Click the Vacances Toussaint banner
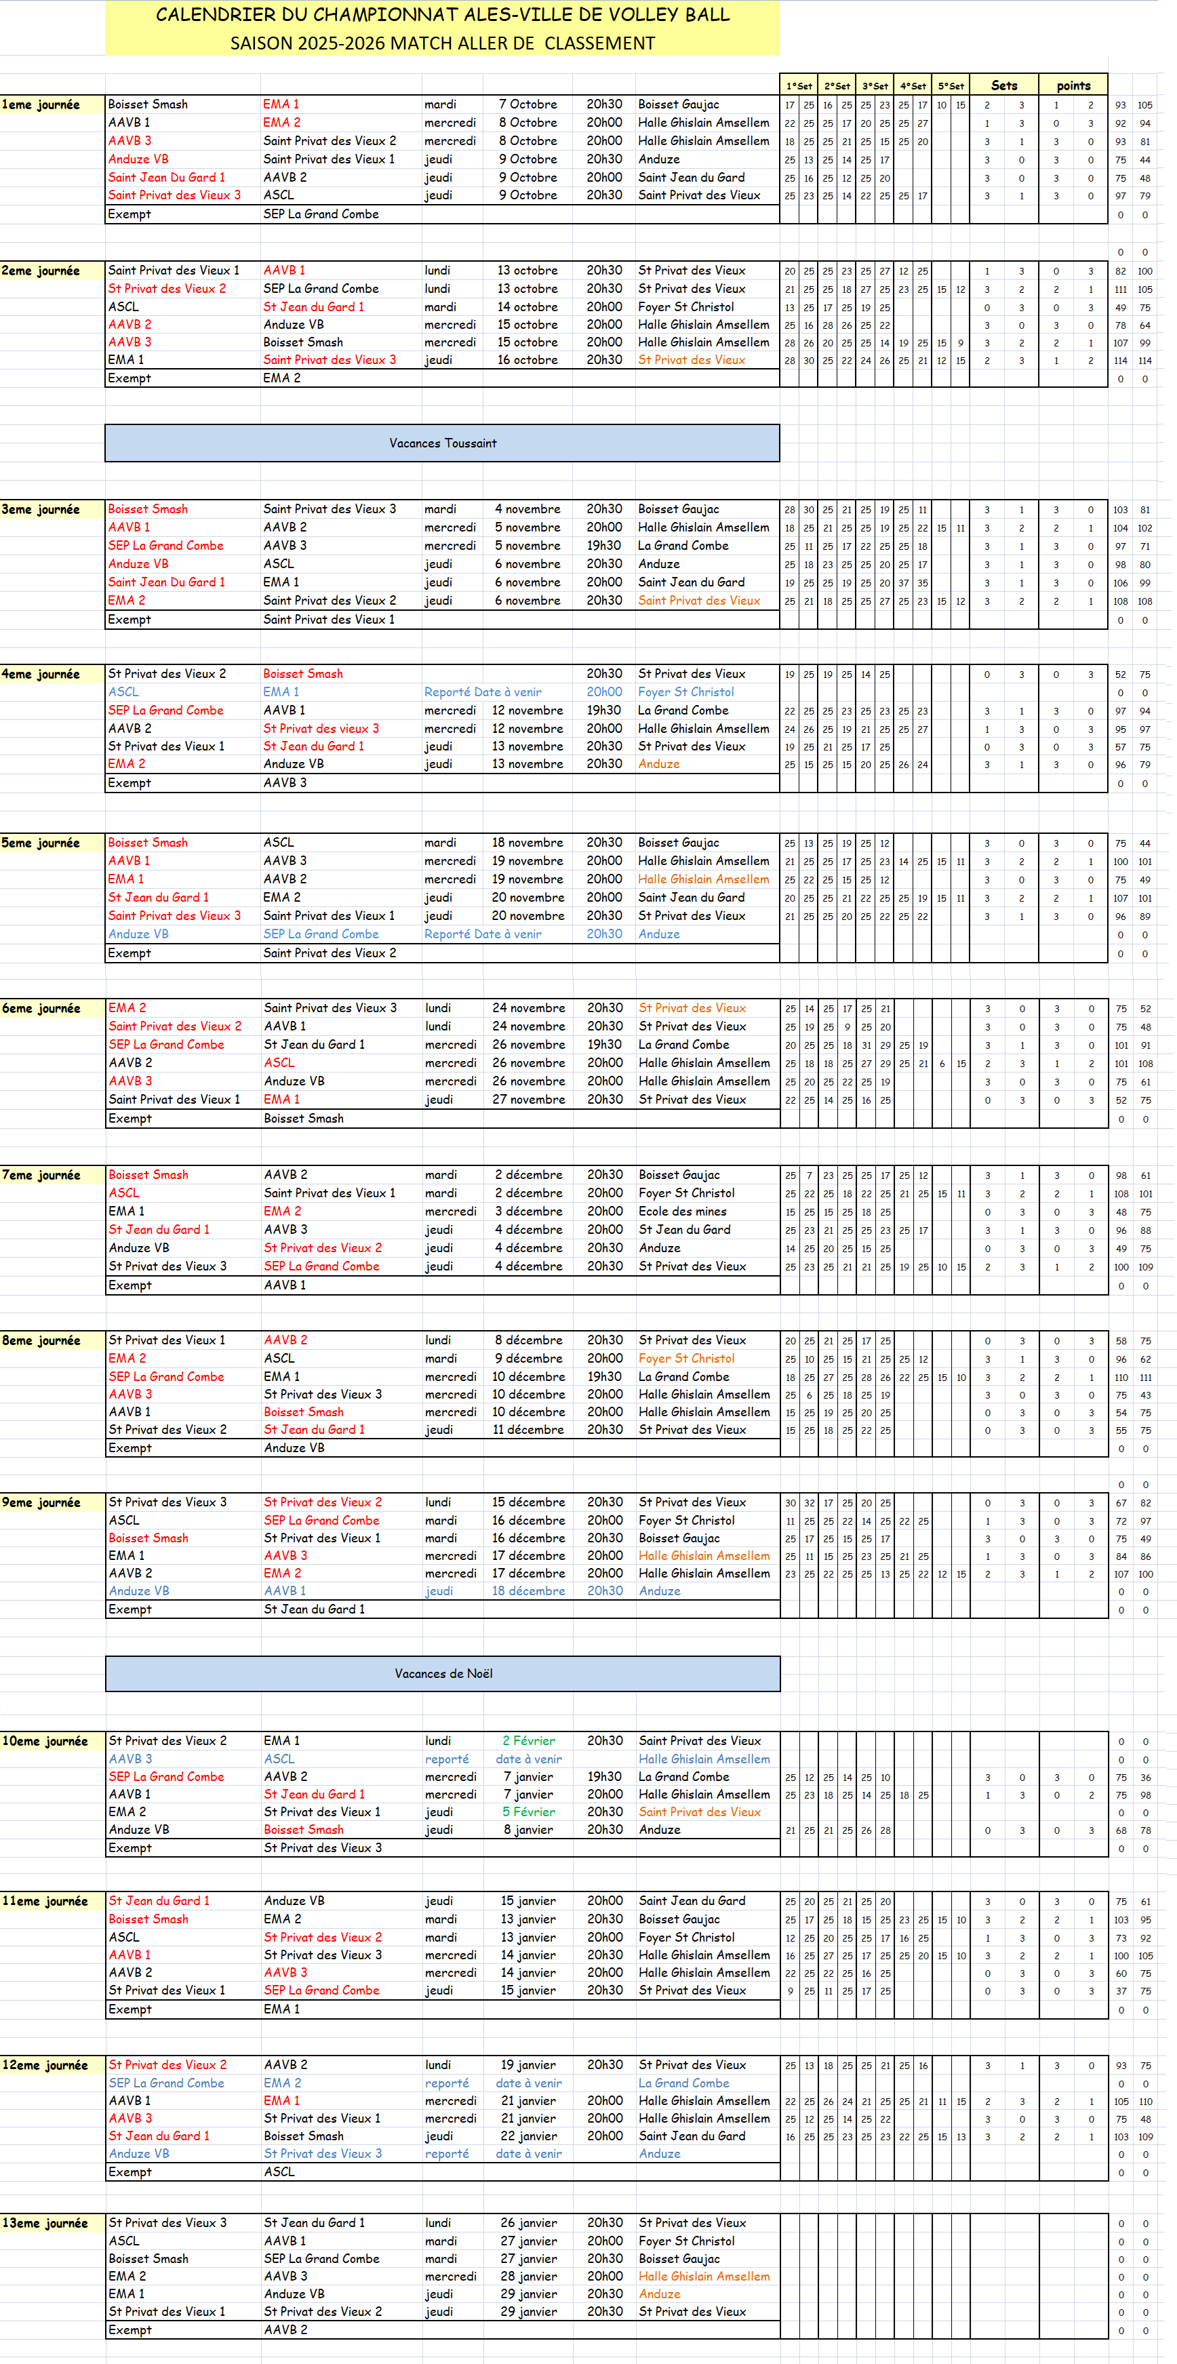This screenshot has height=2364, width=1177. pos(443,443)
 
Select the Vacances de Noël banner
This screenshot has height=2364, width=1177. pos(443,1674)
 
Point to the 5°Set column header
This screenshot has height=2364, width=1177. pos(951,86)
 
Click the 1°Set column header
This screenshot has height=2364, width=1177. pos(799,86)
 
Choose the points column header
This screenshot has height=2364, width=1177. pos(1073,86)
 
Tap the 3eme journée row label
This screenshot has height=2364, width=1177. pos(41,509)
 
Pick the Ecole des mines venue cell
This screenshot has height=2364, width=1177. pos(683,1211)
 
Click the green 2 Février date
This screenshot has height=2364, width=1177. pos(529,1741)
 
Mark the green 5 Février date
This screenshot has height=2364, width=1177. pos(529,1811)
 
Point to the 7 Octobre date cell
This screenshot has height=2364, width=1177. pos(528,104)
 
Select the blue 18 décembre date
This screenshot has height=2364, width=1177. pos(529,1590)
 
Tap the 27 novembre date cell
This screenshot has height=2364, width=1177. pos(529,1100)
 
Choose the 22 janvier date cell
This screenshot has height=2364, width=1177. pos(529,2136)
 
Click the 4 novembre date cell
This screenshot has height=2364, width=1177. pos(528,509)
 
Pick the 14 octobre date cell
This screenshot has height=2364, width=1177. pos(528,306)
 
